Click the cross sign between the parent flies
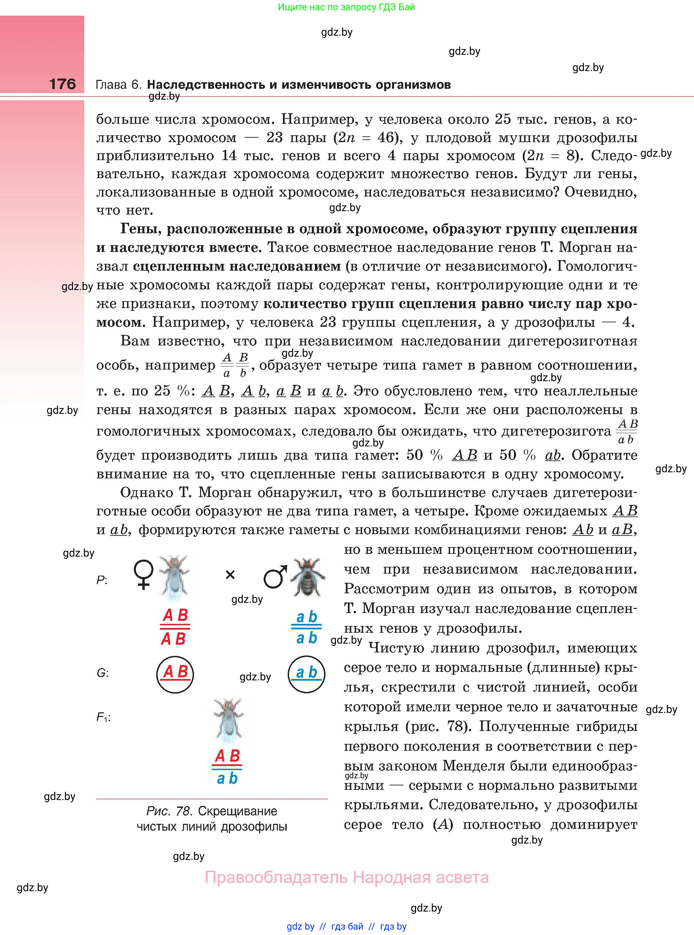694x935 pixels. click(230, 575)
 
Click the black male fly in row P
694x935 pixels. click(308, 577)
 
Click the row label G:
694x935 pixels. click(103, 673)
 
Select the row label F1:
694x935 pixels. click(103, 717)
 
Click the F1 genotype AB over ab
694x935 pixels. click(227, 767)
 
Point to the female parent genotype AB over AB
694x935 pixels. click(175, 627)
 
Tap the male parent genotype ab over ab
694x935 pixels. click(306, 627)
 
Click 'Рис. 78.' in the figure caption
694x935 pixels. click(169, 811)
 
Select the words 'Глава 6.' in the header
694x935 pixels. click(119, 85)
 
